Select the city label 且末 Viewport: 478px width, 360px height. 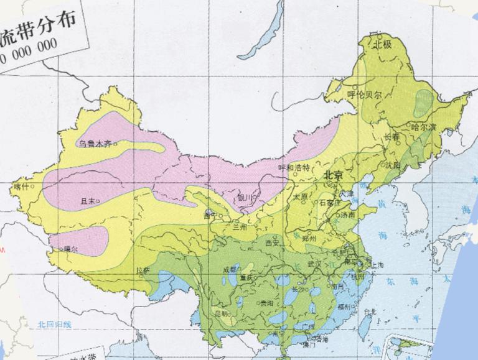click(89, 201)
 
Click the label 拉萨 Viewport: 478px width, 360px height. click(143, 270)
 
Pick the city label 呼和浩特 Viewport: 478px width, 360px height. click(294, 167)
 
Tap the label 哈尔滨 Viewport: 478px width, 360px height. click(424, 127)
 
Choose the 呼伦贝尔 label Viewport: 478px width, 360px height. click(364, 95)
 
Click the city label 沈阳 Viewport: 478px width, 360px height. click(392, 165)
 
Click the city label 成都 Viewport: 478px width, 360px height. click(229, 269)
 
